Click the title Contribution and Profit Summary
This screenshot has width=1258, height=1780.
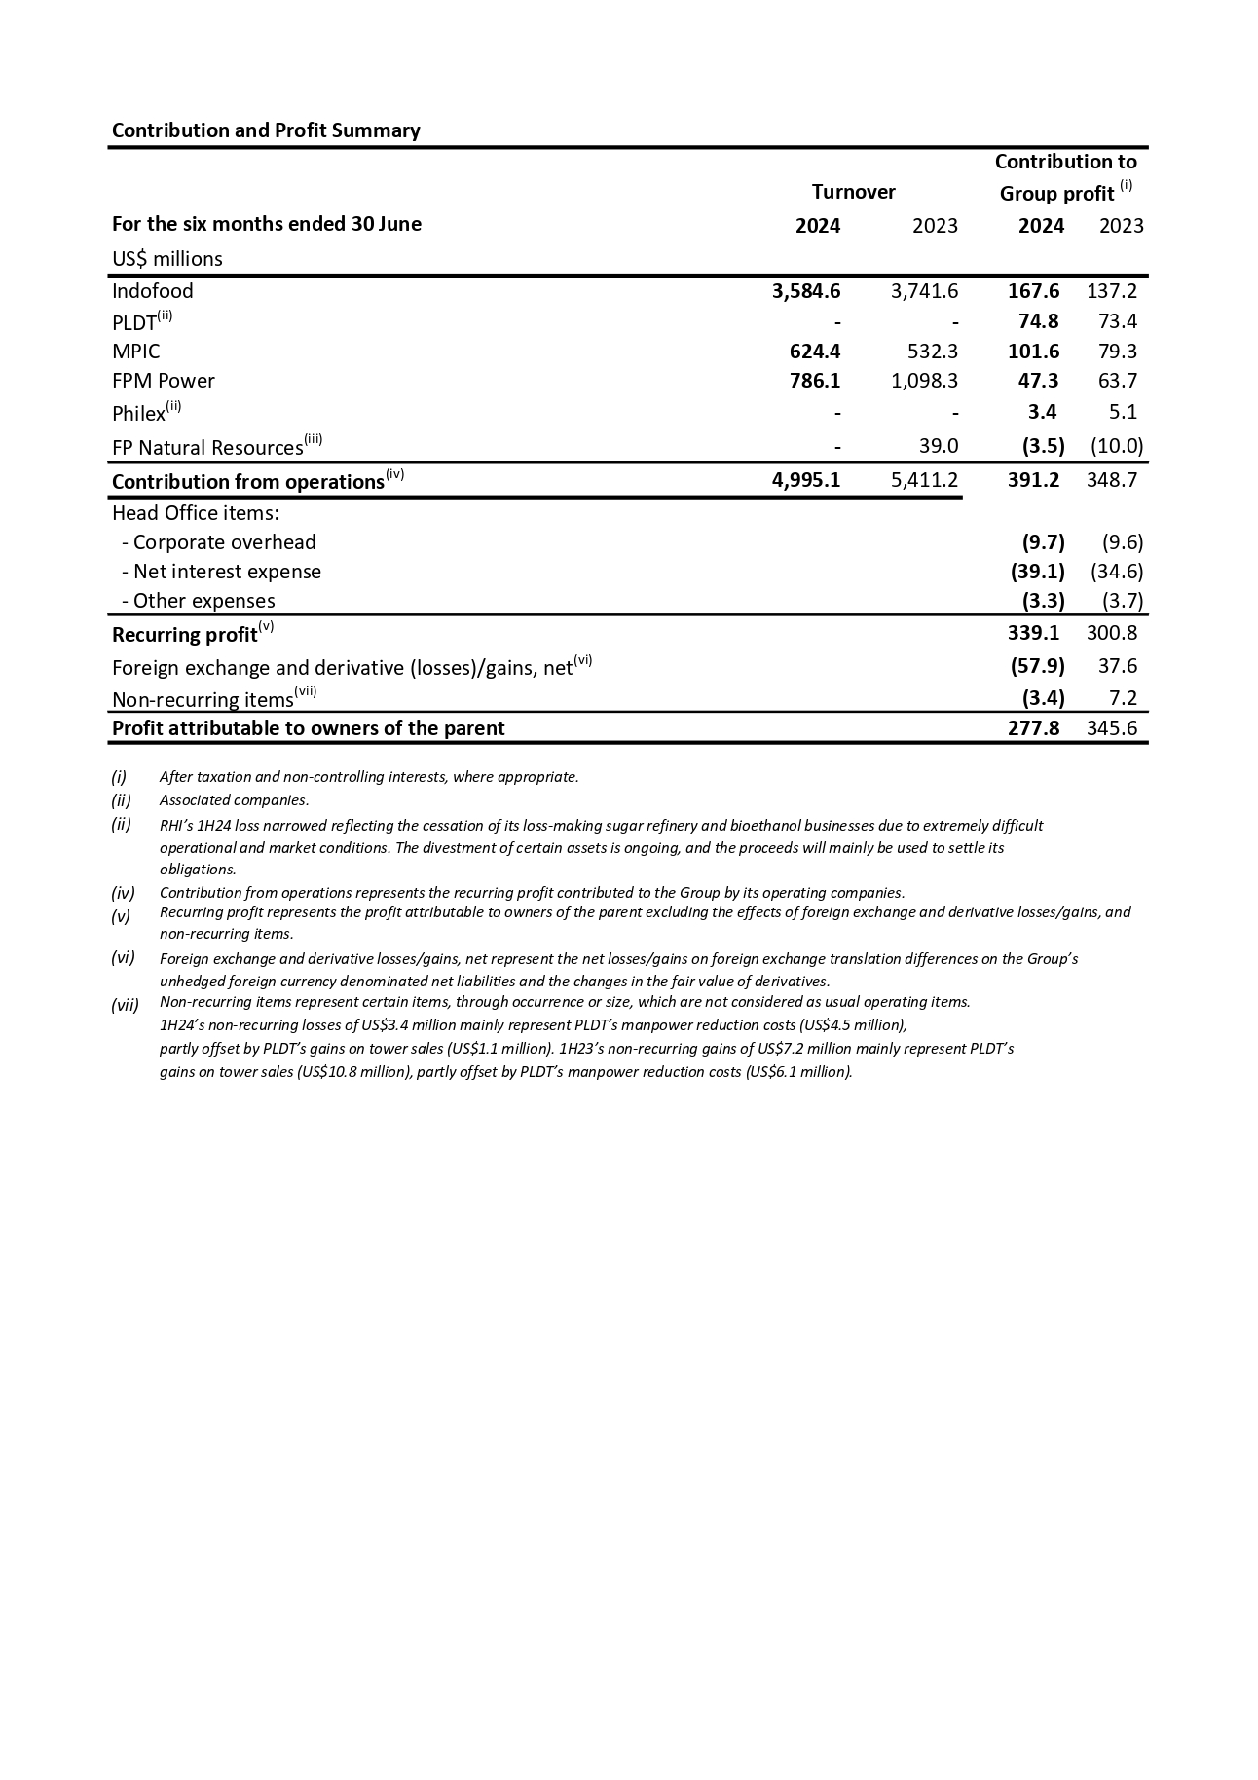[x=266, y=130]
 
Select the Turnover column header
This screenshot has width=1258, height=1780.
[x=853, y=192]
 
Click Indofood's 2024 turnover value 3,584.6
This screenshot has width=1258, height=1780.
[x=805, y=291]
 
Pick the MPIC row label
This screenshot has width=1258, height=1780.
[x=136, y=352]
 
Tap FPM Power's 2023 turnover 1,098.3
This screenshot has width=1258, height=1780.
[x=924, y=381]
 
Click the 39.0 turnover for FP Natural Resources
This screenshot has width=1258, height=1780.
[x=939, y=446]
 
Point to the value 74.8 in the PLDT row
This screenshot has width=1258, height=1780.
[x=1033, y=321]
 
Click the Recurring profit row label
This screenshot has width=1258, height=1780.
[x=185, y=635]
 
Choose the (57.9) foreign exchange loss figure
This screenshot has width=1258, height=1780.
[x=1037, y=666]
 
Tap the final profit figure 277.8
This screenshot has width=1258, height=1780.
[x=1033, y=728]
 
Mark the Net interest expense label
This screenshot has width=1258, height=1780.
[x=226, y=572]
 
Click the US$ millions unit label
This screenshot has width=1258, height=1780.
[x=167, y=259]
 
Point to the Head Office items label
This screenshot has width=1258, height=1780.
[x=196, y=513]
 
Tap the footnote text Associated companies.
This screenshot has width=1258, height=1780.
[x=234, y=800]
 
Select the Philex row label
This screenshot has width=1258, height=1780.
[x=139, y=414]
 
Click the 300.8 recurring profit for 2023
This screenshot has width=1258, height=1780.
[x=1111, y=633]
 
